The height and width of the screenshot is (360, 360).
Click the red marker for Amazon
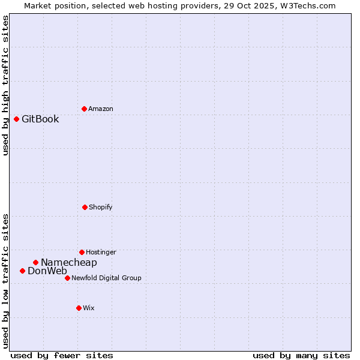84,109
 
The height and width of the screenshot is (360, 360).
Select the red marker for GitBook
16,119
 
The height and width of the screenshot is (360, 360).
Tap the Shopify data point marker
85,207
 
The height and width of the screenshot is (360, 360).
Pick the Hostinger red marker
82,252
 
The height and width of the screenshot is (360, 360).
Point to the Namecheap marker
35,262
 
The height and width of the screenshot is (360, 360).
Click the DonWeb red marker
22,271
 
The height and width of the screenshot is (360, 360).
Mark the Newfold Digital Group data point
67,278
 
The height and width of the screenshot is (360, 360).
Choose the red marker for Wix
79,308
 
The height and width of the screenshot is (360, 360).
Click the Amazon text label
101,109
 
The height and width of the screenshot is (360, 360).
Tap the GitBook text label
40,119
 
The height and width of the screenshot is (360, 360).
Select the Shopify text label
101,207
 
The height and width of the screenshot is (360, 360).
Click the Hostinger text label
101,252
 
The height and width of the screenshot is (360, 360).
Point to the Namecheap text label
69,262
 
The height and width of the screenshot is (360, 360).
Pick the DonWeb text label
47,271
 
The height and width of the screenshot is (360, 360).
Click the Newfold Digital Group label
106,278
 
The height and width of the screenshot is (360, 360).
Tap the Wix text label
89,308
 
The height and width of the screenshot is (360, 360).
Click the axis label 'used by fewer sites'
62,355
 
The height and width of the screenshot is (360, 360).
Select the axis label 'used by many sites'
301,355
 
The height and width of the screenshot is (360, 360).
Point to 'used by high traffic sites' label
5,85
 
